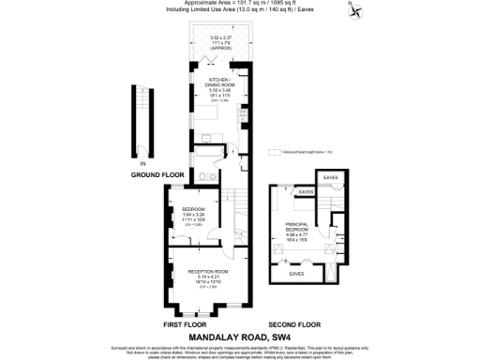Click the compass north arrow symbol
coord(355,11)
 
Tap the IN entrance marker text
coord(142,164)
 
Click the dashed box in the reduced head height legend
coord(277,150)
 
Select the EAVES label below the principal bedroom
coord(296,273)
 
